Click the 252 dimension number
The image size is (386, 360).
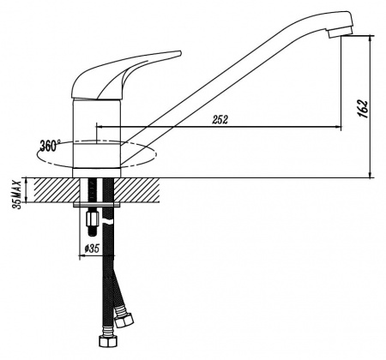(x=220, y=120)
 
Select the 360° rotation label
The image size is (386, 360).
(x=50, y=146)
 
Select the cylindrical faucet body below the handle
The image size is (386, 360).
(x=97, y=137)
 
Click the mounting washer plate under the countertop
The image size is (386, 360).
(x=97, y=206)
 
